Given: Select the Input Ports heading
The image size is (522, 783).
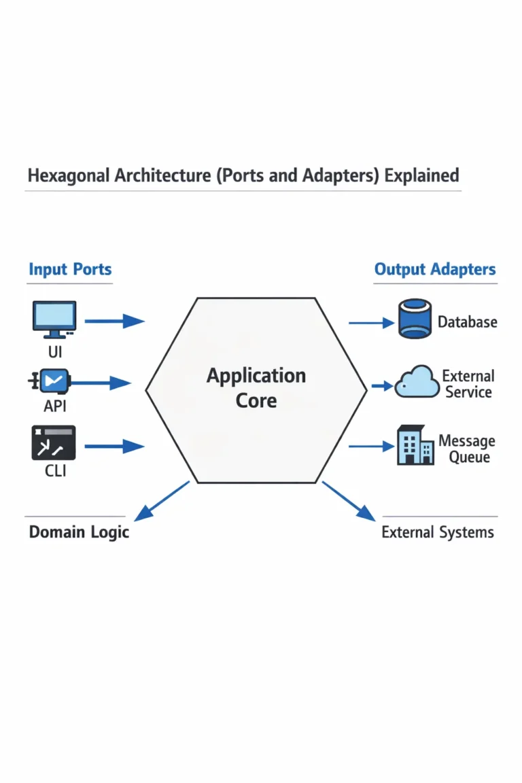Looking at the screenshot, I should [70, 269].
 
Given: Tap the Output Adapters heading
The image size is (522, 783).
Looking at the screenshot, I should [435, 269].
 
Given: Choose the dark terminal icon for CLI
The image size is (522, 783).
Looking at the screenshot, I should [54, 443].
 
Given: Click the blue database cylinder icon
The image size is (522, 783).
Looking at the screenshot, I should [413, 321].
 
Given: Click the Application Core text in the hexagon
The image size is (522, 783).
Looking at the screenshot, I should [256, 387].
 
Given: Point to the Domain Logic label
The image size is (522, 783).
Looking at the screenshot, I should [79, 532].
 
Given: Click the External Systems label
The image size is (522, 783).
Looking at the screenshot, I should [438, 532].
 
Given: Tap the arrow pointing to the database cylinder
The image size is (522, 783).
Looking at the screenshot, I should [371, 323].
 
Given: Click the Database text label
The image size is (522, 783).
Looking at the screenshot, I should [467, 322].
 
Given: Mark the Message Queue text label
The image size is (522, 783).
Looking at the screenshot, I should [466, 449].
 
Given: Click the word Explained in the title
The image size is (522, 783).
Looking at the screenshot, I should [421, 175].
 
